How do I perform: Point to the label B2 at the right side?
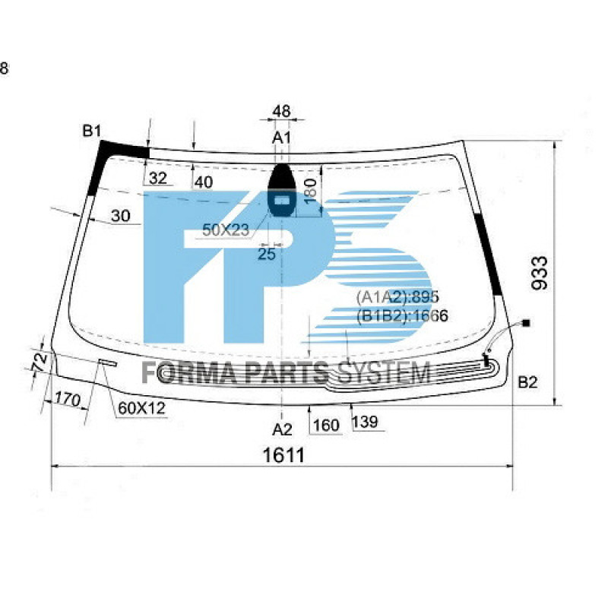pos(527,382)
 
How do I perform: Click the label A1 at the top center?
pos(283,138)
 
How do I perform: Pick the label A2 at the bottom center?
pos(283,429)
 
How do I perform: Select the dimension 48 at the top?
pos(281,112)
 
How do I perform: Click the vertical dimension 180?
pos(310,189)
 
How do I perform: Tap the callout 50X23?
pos(226,230)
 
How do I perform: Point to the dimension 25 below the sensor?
pos(266,255)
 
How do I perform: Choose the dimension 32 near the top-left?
pos(158,179)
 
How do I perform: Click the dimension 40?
pos(203,182)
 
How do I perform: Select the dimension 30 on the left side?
pos(120,217)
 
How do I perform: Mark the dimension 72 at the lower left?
pos(40,361)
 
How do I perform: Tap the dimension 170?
pos(68,397)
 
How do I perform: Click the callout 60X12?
pos(141,408)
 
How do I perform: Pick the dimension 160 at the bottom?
pos(326,426)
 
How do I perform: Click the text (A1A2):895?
pos(397,297)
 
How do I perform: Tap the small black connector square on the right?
pos(527,323)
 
